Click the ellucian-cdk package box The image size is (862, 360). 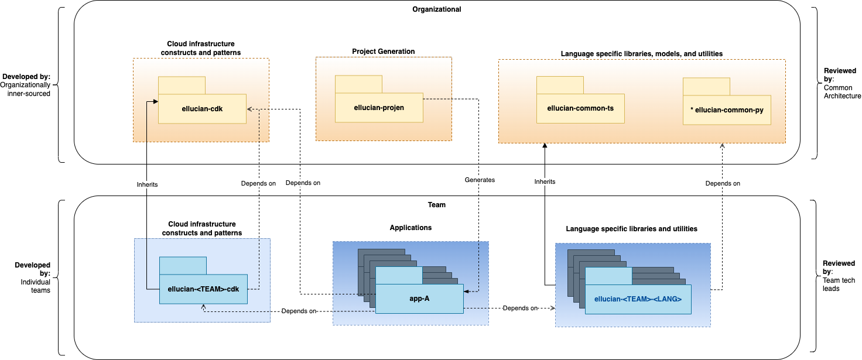(202, 109)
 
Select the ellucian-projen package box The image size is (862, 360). (379, 108)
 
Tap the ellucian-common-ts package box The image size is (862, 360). (580, 108)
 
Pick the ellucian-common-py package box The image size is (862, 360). (727, 110)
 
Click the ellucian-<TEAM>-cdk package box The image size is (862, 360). (203, 289)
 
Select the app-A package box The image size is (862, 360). (419, 299)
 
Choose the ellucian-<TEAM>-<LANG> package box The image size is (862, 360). (638, 299)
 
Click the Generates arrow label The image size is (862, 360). (480, 180)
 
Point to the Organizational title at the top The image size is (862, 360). (437, 9)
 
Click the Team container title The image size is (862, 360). (437, 205)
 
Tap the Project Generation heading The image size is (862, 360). (384, 52)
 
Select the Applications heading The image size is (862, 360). (411, 228)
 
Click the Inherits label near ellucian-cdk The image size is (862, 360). (147, 184)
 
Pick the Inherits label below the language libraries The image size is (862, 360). (545, 181)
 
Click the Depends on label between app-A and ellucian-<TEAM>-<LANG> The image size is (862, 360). (520, 308)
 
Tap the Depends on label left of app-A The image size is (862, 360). (299, 311)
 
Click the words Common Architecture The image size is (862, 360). (842, 92)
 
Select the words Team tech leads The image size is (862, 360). (839, 284)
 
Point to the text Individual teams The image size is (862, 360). (35, 286)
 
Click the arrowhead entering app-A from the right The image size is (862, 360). (466, 292)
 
